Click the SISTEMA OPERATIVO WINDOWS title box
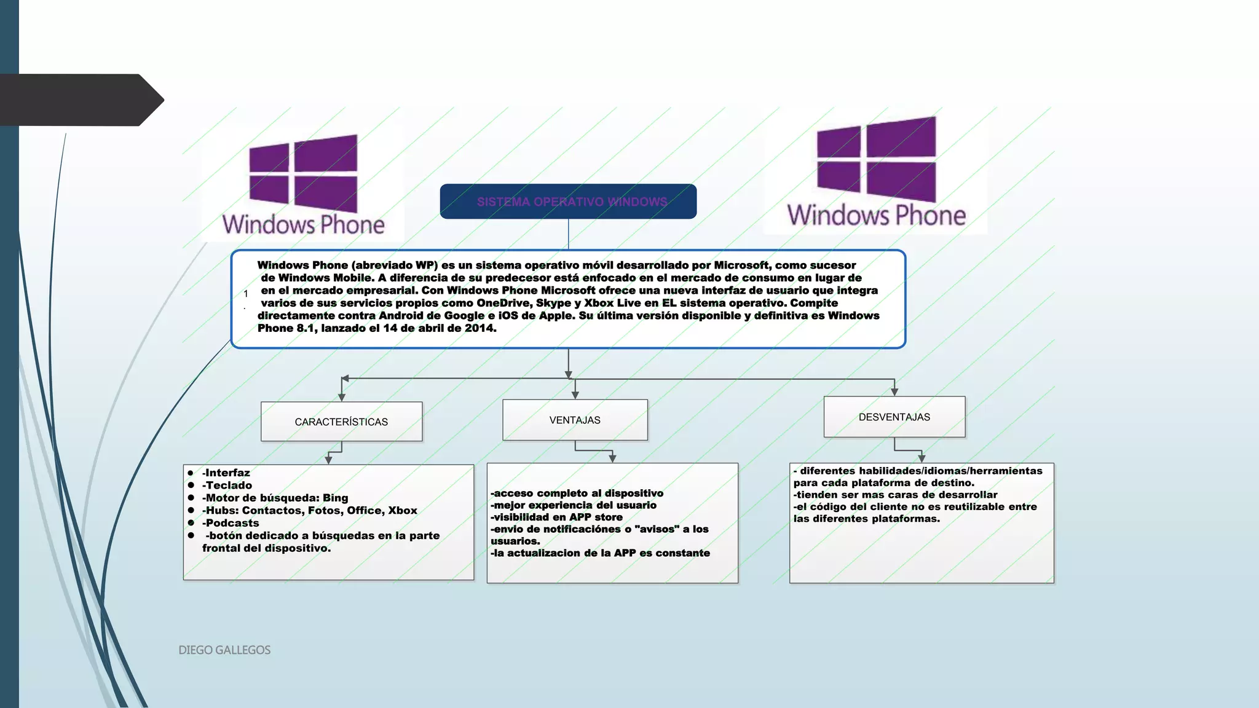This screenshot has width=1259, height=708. click(568, 202)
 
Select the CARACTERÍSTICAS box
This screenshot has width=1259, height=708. click(341, 422)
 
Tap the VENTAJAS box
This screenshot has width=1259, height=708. click(575, 420)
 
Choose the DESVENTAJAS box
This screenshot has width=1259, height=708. click(894, 417)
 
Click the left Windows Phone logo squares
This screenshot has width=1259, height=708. click(303, 173)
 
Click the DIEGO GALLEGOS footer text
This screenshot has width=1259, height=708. click(224, 650)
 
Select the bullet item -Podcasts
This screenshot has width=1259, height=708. click(231, 523)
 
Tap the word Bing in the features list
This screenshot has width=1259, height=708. click(336, 498)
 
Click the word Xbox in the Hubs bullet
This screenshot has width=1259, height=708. click(403, 510)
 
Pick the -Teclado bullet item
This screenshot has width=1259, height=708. click(227, 485)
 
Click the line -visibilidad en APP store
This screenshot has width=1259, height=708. click(556, 517)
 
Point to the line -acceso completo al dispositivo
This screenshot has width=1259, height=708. click(577, 493)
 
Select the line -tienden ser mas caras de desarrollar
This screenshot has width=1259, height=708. click(895, 495)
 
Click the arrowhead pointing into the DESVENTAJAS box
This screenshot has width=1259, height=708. click(894, 391)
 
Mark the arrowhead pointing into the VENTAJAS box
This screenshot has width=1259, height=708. click(575, 395)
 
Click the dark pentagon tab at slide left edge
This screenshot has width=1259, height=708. click(80, 100)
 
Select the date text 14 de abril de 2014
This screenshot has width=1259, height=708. click(439, 328)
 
